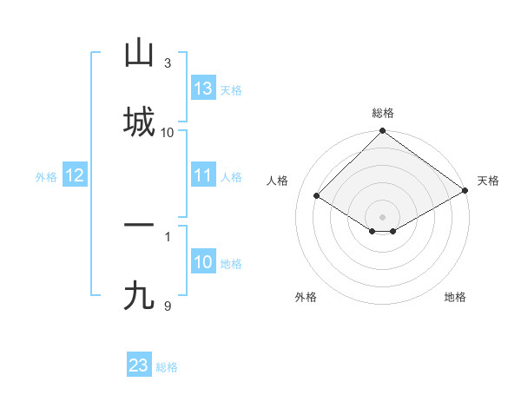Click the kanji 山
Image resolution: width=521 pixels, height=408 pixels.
(139, 54)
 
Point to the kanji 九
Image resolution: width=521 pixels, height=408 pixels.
(139, 296)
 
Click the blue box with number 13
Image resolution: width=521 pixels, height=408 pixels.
(203, 88)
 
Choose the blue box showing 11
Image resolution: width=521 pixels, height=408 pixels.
(203, 175)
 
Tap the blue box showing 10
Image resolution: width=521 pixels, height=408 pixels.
(203, 262)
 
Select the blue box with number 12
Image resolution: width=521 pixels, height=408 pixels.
(75, 175)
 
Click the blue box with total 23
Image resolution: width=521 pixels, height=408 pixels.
(139, 365)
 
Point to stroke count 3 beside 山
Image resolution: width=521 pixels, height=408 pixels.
(168, 63)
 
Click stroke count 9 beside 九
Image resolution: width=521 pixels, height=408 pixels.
(168, 306)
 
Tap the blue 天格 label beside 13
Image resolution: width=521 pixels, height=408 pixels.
(230, 90)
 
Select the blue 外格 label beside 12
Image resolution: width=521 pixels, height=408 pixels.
(46, 177)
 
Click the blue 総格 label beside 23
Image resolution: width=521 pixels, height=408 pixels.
(167, 367)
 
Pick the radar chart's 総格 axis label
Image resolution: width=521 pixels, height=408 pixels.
(383, 113)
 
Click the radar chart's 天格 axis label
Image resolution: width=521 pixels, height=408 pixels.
(488, 181)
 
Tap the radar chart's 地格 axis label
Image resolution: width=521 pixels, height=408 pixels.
(455, 297)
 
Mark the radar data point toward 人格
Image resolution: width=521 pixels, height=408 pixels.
(317, 196)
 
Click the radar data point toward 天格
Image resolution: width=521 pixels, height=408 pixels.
(465, 190)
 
